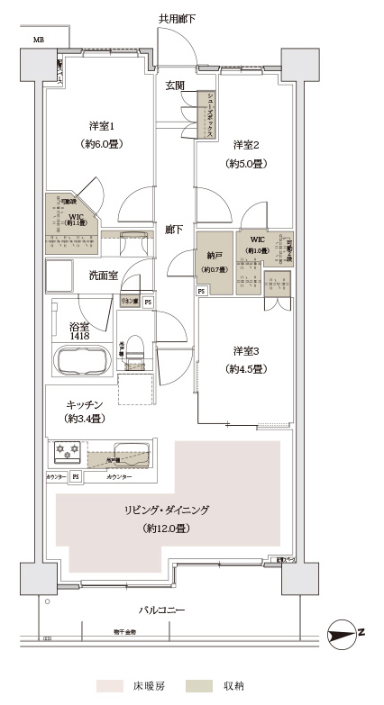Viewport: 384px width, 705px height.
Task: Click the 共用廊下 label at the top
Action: [x=178, y=18]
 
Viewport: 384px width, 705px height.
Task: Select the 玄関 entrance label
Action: [x=175, y=86]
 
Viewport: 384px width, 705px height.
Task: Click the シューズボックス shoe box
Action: [x=209, y=114]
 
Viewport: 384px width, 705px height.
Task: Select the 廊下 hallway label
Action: [x=174, y=230]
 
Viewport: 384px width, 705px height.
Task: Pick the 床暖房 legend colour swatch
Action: [x=111, y=686]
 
